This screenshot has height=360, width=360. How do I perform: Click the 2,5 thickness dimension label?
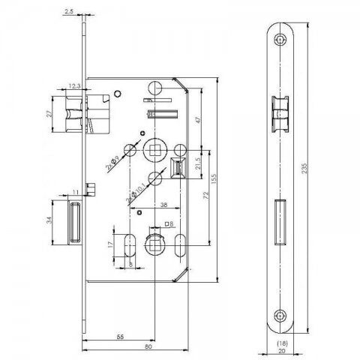[69, 11]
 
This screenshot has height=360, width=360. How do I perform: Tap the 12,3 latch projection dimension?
[74, 86]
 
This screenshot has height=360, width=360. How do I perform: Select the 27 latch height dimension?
[50, 114]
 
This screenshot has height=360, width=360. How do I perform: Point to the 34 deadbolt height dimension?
[49, 220]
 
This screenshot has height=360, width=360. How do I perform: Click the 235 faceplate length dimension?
[304, 169]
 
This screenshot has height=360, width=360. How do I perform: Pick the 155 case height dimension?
[214, 179]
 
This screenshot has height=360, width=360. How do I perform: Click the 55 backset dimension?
[120, 337]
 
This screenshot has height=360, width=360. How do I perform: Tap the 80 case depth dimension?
[148, 346]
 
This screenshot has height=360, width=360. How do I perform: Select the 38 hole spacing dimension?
[163, 205]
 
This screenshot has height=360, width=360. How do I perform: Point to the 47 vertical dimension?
[198, 120]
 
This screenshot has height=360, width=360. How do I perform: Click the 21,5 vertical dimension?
[198, 163]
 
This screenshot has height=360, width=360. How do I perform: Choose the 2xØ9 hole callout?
[112, 163]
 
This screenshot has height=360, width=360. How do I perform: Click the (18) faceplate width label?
[282, 343]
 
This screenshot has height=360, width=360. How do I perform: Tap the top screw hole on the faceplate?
[280, 40]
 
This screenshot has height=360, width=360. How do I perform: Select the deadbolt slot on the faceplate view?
[280, 222]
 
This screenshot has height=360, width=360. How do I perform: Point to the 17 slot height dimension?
[110, 244]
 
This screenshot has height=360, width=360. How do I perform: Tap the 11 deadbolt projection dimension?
[76, 192]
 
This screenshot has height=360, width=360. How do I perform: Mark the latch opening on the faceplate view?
[280, 114]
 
